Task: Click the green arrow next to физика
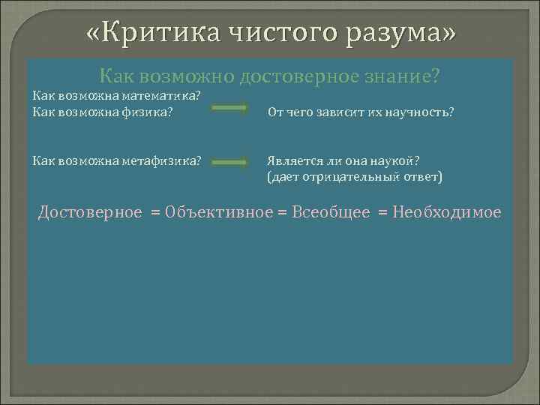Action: point(229,109)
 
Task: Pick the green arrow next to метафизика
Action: point(229,162)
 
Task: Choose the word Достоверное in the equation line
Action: point(90,212)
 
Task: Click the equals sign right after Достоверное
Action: point(155,213)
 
